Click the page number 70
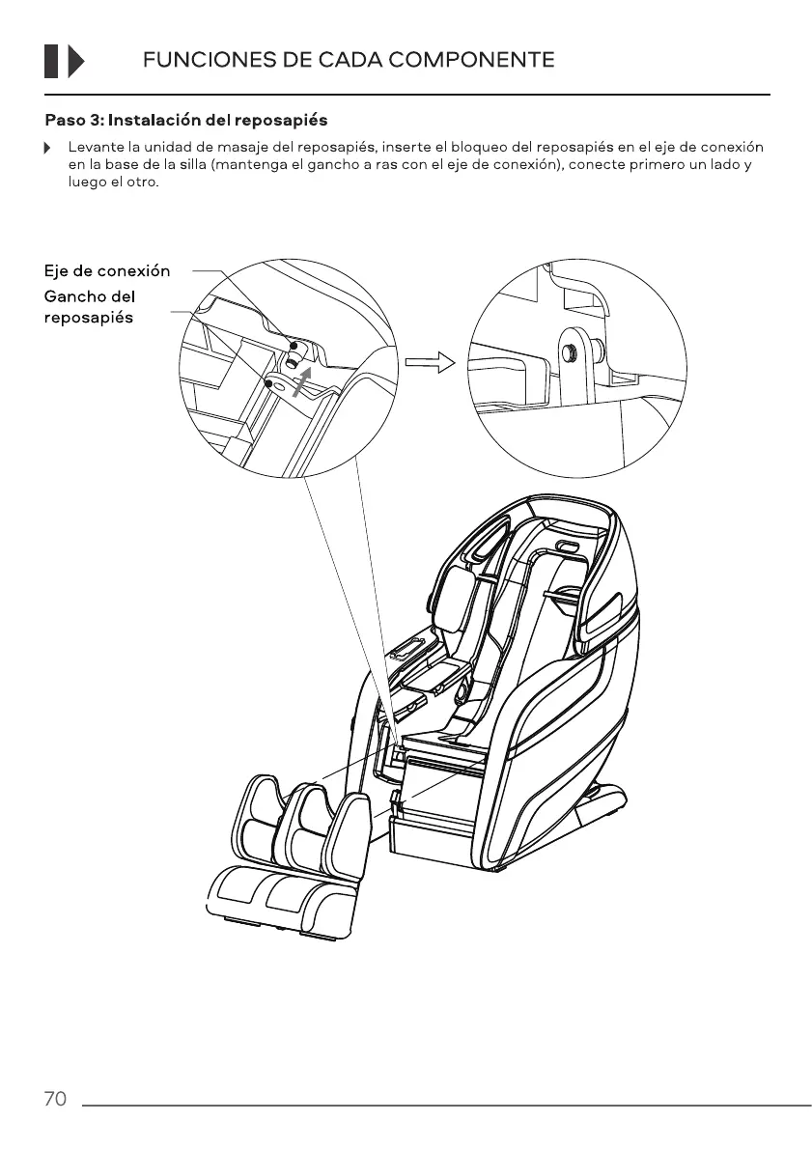55,1099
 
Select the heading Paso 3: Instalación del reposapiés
186,121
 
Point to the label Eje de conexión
106,270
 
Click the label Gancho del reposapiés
89,306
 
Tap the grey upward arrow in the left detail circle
301,383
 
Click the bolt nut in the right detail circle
571,352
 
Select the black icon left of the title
65,60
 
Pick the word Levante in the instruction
91,148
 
